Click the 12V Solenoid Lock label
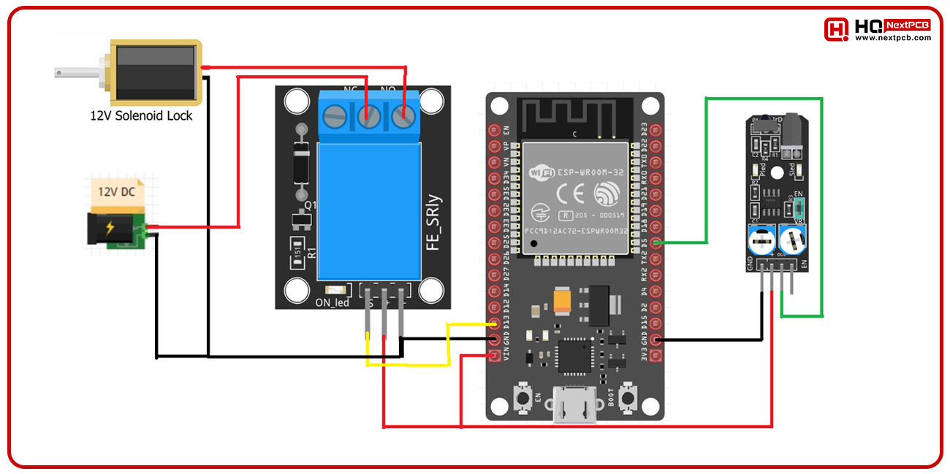pyautogui.click(x=141, y=115)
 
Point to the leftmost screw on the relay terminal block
pyautogui.click(x=335, y=115)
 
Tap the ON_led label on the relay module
pyautogui.click(x=332, y=303)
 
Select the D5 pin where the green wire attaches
pyautogui.click(x=655, y=243)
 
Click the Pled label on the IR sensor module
pyautogui.click(x=763, y=172)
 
